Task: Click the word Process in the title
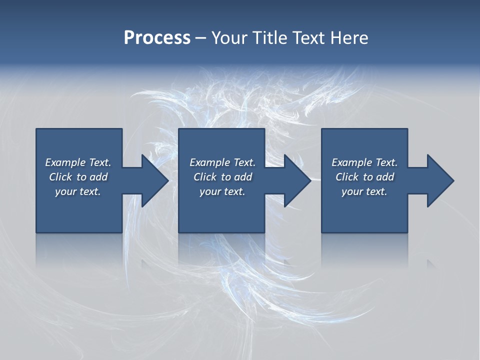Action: click(157, 38)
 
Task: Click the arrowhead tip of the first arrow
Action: click(167, 180)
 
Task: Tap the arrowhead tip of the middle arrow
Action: click(310, 180)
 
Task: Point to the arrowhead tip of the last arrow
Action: click(453, 180)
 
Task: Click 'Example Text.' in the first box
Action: click(78, 162)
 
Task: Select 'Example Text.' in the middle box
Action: click(222, 162)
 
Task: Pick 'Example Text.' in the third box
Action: click(364, 162)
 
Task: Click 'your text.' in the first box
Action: click(78, 191)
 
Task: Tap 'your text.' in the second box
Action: click(222, 191)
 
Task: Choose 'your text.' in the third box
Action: click(364, 191)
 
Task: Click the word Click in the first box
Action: click(60, 177)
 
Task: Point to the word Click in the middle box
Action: click(205, 177)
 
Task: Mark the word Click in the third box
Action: click(347, 177)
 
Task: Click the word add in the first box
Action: click(99, 177)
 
